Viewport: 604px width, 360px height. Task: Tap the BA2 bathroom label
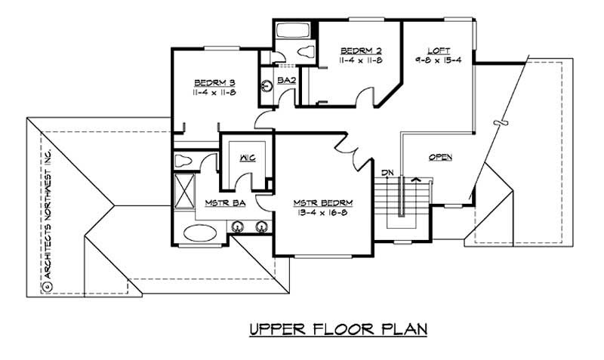[x=285, y=79]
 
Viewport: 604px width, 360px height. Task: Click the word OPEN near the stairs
[x=440, y=158]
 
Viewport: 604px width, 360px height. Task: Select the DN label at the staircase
[x=387, y=173]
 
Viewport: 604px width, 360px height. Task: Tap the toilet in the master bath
[x=184, y=160]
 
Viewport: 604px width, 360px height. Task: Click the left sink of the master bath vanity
[x=238, y=225]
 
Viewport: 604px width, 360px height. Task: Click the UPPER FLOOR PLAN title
[x=338, y=329]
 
